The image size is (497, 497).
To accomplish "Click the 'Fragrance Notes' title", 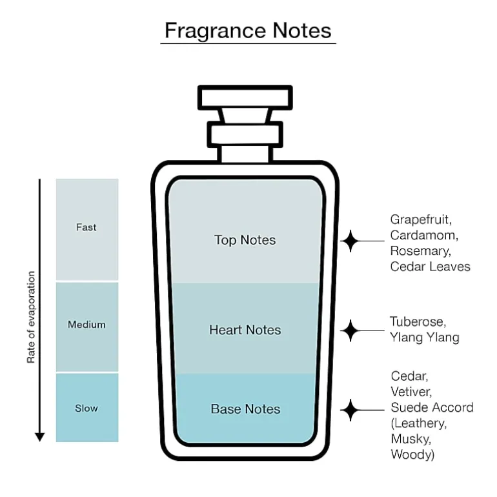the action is (248, 31).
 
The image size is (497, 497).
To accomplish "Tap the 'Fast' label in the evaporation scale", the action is (86, 227).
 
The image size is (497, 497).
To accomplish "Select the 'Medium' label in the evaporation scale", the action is (86, 325).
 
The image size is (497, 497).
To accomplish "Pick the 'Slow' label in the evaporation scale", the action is (86, 408).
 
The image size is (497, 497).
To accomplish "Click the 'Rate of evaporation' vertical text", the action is (31, 317).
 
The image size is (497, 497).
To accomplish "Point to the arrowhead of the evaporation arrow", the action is (39, 437).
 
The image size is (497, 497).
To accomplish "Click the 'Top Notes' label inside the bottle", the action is (245, 240).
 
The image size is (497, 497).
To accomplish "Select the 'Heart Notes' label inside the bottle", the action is (245, 330).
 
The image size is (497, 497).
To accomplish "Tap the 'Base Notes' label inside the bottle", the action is (246, 409).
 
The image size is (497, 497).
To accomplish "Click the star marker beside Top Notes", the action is (350, 241).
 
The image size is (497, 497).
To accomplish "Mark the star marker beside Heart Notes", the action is (350, 330).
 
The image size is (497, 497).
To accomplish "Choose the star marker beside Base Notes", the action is (350, 410).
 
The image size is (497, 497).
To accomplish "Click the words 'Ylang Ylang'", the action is (425, 337).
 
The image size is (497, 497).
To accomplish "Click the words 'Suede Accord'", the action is (432, 407).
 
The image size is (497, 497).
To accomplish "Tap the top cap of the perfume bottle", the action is (245, 97).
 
